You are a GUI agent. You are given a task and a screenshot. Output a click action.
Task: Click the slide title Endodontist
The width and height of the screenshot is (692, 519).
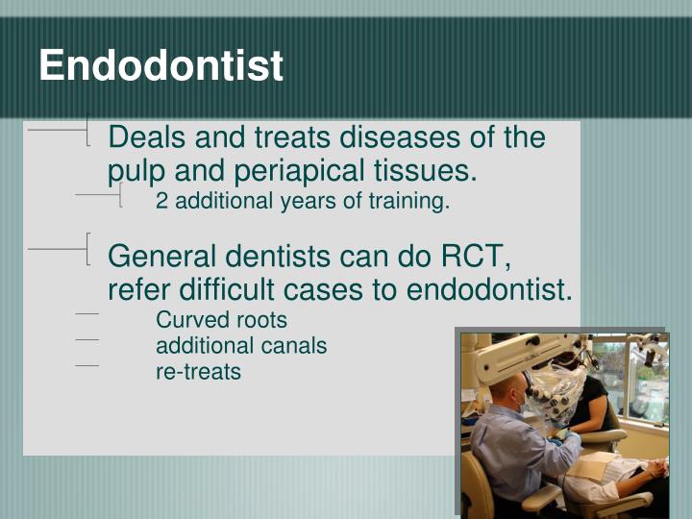click(161, 66)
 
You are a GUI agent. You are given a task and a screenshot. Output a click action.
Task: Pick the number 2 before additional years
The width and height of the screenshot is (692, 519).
click(161, 202)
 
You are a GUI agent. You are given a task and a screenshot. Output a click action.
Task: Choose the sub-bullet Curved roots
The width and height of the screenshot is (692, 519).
click(221, 319)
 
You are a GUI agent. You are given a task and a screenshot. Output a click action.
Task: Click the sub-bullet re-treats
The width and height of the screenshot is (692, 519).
click(198, 371)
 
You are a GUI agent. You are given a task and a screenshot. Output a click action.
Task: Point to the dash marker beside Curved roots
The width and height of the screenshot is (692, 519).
click(86, 314)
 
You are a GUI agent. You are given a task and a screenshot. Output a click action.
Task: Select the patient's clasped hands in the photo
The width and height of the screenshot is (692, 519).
click(655, 469)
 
